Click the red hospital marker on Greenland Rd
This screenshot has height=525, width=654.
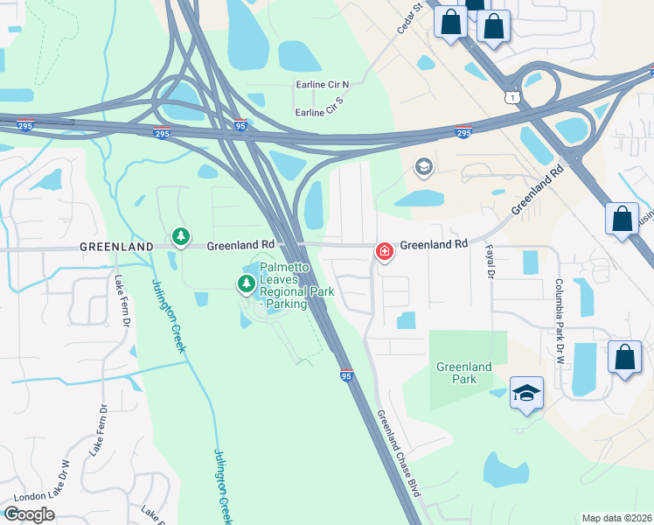click(x=383, y=252)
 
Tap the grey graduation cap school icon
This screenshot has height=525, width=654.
click(x=423, y=166)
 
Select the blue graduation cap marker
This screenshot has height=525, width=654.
click(x=527, y=394)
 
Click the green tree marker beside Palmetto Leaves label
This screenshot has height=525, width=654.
click(x=246, y=283)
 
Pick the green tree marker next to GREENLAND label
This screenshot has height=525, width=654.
click(x=180, y=236)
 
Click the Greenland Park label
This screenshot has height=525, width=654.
click(x=464, y=373)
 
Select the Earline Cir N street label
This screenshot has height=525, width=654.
click(x=321, y=85)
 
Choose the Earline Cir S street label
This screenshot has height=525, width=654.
click(x=321, y=113)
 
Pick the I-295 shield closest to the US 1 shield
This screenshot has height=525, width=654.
click(x=463, y=132)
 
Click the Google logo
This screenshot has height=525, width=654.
click(x=29, y=514)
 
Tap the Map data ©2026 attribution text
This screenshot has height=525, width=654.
click(x=616, y=518)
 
